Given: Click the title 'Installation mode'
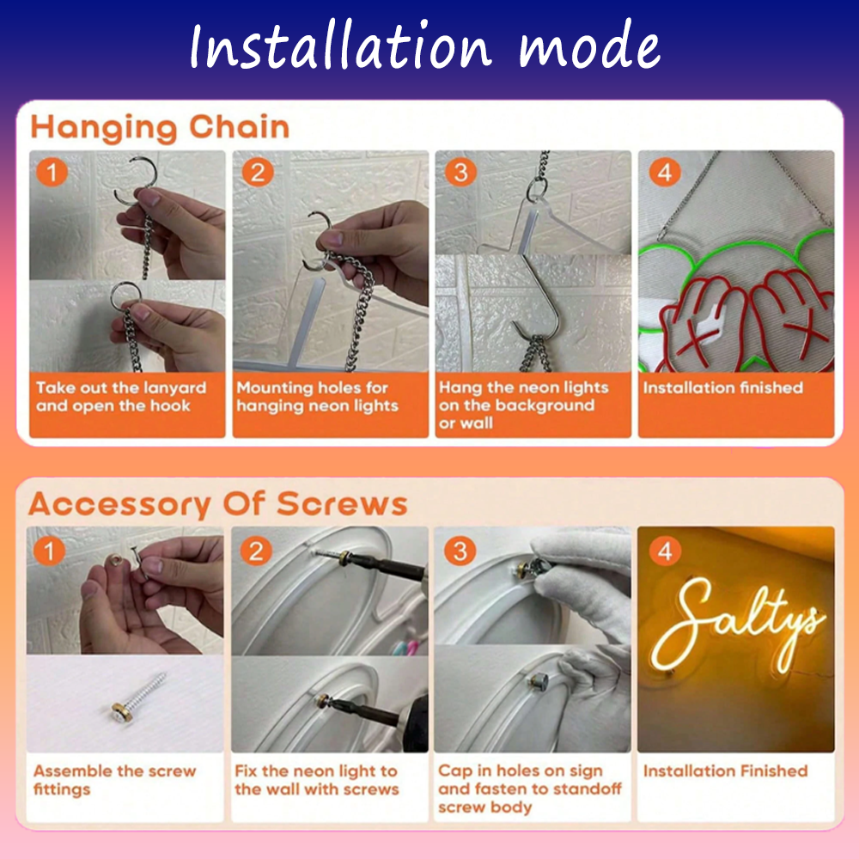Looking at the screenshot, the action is [x=424, y=46].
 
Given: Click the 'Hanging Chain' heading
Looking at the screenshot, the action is [x=160, y=127].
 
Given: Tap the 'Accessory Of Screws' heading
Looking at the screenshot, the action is [x=218, y=504].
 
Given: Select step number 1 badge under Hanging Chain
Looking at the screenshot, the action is [x=52, y=173].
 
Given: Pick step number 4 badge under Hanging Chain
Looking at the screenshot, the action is [x=665, y=173].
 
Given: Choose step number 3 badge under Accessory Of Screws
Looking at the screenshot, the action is [x=460, y=551].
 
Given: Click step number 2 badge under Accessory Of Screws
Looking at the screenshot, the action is [x=256, y=551].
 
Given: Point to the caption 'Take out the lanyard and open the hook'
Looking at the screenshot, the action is [x=121, y=397].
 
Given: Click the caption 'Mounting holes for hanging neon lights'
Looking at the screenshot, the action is [x=317, y=397].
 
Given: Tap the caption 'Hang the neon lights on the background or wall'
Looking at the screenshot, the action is [x=523, y=405].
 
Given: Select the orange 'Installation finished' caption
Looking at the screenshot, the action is [x=722, y=388].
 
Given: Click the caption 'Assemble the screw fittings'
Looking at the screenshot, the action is [x=114, y=780].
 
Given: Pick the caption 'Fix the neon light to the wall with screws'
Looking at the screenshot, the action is [x=317, y=780].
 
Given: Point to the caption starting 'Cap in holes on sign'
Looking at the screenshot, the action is [x=530, y=789].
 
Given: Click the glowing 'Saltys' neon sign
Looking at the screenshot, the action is [x=737, y=625].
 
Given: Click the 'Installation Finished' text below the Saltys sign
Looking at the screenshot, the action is [x=725, y=771].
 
